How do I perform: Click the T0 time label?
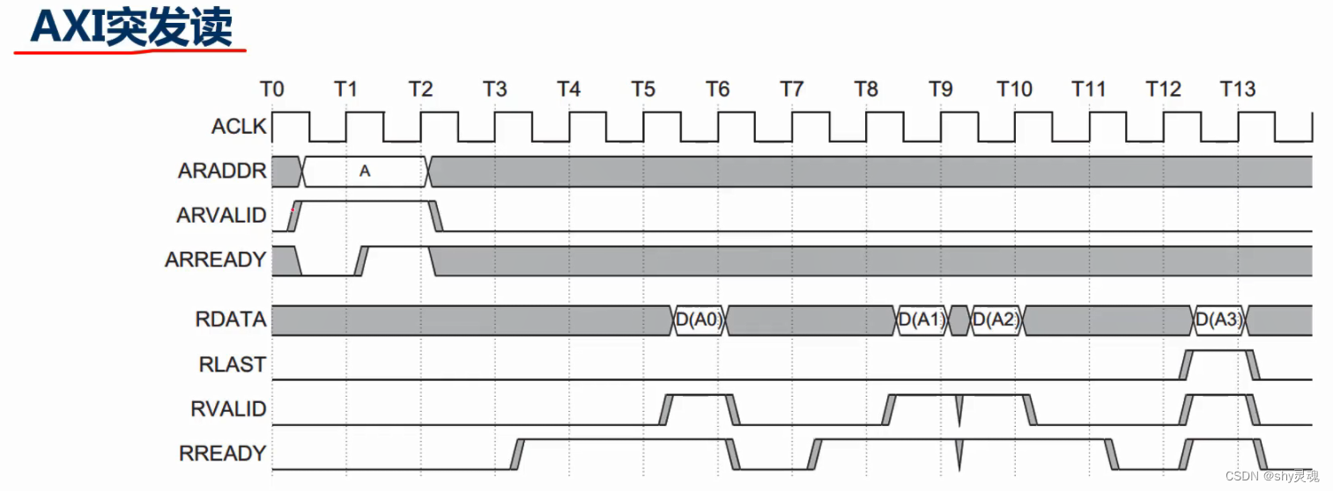[272, 89]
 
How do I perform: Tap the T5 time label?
[643, 89]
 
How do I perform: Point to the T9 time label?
[940, 89]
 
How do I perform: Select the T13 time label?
[1237, 89]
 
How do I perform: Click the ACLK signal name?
[238, 127]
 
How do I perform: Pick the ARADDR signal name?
[222, 171]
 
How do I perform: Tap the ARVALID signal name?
[221, 216]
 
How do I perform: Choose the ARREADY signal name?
[215, 260]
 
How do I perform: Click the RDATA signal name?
[231, 319]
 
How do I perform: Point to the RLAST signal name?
[233, 364]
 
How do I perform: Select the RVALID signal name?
[228, 408]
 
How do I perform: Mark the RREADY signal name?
[222, 453]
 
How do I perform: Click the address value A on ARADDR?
[364, 172]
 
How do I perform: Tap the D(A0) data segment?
[699, 320]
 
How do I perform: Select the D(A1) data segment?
[921, 320]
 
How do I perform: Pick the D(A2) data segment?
[996, 320]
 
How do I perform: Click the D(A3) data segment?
[1218, 320]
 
